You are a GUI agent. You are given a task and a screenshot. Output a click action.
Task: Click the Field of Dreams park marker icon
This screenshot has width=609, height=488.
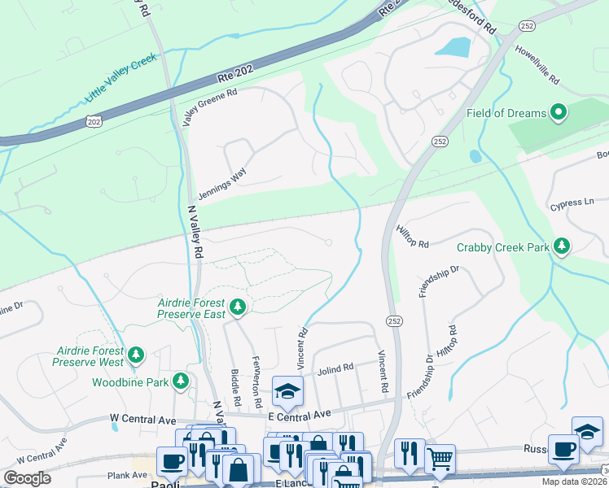coord(559,112)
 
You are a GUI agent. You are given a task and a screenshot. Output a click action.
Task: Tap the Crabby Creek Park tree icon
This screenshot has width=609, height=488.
coord(561,246)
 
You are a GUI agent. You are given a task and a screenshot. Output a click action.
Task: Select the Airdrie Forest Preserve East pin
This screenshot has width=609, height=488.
coord(238,307)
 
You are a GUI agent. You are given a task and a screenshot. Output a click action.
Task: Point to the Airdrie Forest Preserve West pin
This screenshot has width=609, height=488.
coord(137,355)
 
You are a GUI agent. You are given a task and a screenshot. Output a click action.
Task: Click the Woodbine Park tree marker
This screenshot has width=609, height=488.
coord(180,381)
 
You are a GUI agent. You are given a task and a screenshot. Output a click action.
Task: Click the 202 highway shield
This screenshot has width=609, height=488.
coord(94,121)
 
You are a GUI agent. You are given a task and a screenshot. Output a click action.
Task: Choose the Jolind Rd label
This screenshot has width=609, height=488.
coord(335,368)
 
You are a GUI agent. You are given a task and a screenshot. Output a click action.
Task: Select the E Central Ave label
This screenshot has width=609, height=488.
coord(300,415)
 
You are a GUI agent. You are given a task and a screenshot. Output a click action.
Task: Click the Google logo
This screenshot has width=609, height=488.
coord(27,478)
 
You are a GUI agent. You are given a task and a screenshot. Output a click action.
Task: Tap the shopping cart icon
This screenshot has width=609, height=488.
coord(440,459)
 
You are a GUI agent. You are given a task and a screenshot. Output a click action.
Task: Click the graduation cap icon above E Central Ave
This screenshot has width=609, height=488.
coord(287,391)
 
